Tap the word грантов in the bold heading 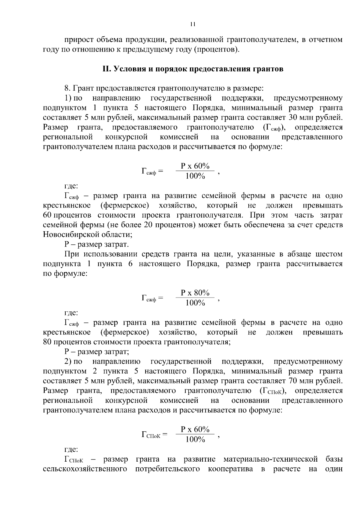(268, 69)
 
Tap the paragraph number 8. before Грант (67, 88)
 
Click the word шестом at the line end (329, 254)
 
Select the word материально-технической (271, 459)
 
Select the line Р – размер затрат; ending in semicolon (97, 352)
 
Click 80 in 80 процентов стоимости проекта (47, 342)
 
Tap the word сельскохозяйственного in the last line (85, 469)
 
